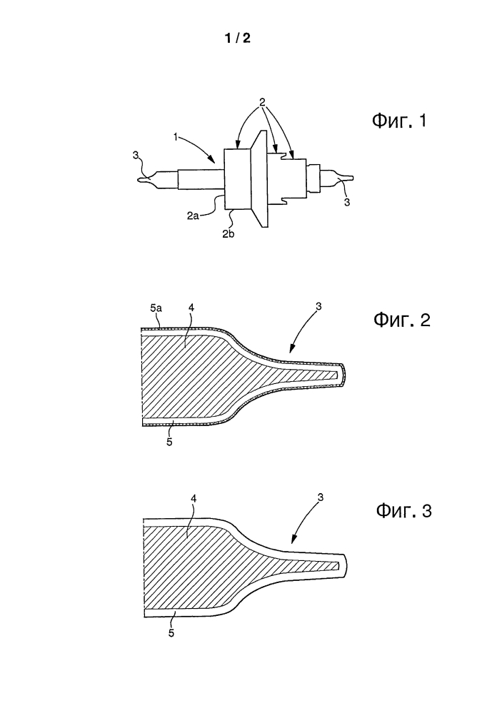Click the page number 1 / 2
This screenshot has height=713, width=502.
click(x=238, y=39)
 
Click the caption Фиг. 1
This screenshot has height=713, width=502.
click(x=399, y=121)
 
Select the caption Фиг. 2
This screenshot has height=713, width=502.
click(x=402, y=320)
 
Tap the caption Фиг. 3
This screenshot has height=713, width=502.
click(x=403, y=510)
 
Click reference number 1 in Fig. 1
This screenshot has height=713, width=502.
click(x=176, y=136)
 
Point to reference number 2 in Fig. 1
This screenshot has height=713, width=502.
click(x=262, y=102)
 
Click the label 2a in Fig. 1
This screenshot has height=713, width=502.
click(x=193, y=216)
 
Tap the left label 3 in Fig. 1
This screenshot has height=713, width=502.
click(x=135, y=156)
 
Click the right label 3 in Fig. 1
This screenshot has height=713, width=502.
click(x=347, y=203)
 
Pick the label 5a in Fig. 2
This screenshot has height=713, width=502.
click(x=156, y=309)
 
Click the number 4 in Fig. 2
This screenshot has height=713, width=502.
click(x=191, y=308)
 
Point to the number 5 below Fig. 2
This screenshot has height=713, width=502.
click(x=169, y=442)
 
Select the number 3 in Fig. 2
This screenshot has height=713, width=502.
click(x=318, y=306)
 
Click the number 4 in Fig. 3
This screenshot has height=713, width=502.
click(x=194, y=499)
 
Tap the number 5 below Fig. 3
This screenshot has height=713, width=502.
click(x=171, y=632)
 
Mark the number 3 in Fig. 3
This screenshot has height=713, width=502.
click(x=321, y=497)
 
